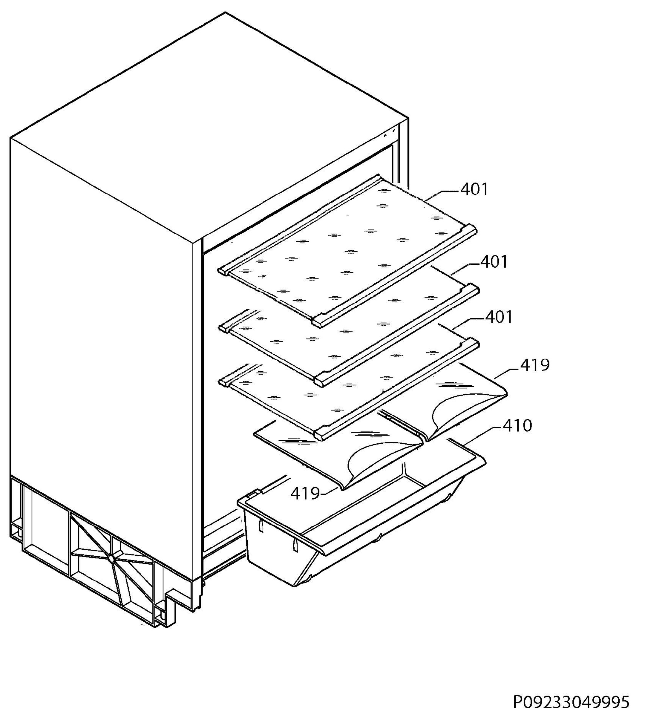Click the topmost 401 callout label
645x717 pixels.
click(x=474, y=189)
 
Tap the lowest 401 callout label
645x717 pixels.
click(x=499, y=317)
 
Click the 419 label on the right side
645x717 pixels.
click(x=535, y=365)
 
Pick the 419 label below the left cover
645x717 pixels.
click(x=305, y=493)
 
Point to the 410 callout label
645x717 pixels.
click(x=517, y=426)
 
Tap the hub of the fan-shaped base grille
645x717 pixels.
click(x=111, y=559)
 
